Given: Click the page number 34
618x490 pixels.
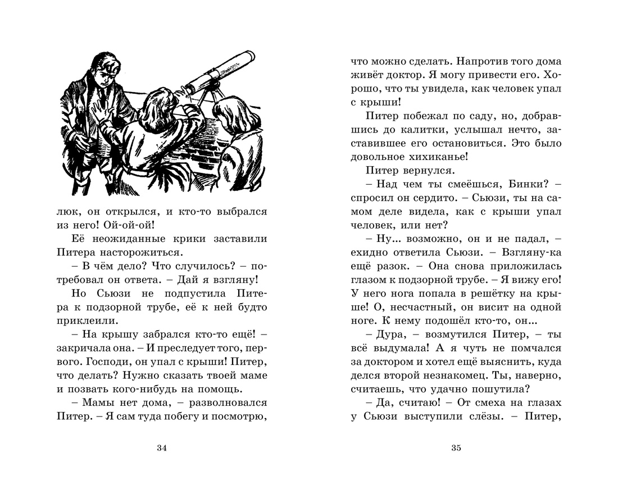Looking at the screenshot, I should pos(162,447).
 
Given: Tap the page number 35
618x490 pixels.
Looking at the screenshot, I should pos(456,447).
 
